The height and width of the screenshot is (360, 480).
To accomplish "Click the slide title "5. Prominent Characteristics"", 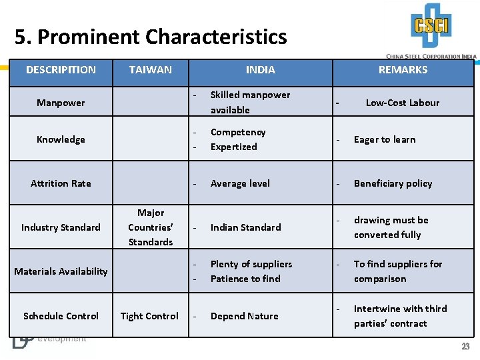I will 151,37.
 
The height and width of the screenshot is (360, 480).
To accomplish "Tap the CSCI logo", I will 431,27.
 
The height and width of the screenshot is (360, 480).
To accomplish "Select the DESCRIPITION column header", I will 61,69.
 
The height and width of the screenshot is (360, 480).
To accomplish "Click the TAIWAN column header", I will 151,69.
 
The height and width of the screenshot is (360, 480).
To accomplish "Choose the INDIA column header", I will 260,69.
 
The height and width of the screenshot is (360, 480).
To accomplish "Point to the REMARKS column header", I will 403,69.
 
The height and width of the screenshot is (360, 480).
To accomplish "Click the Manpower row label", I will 61,103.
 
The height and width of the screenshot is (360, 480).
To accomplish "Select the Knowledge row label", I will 61,139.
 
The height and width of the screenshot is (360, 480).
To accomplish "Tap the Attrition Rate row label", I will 61,183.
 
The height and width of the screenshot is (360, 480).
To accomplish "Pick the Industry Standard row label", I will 61,227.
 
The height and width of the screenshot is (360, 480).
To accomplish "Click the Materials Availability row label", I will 61,271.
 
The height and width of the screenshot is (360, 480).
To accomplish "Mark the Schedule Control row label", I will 61,316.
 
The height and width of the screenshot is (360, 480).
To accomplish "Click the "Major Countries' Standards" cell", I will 151,227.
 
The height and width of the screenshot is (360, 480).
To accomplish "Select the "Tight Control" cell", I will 149,316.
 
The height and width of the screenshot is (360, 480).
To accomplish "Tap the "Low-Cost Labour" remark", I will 403,103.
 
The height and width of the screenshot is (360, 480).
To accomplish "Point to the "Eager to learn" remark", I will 385,139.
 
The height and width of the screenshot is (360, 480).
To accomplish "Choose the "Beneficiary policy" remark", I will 393,183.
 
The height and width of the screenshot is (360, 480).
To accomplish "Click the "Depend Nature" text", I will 244,316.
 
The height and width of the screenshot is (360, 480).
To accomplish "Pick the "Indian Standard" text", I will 245,227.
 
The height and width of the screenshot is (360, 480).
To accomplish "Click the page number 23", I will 465,347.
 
